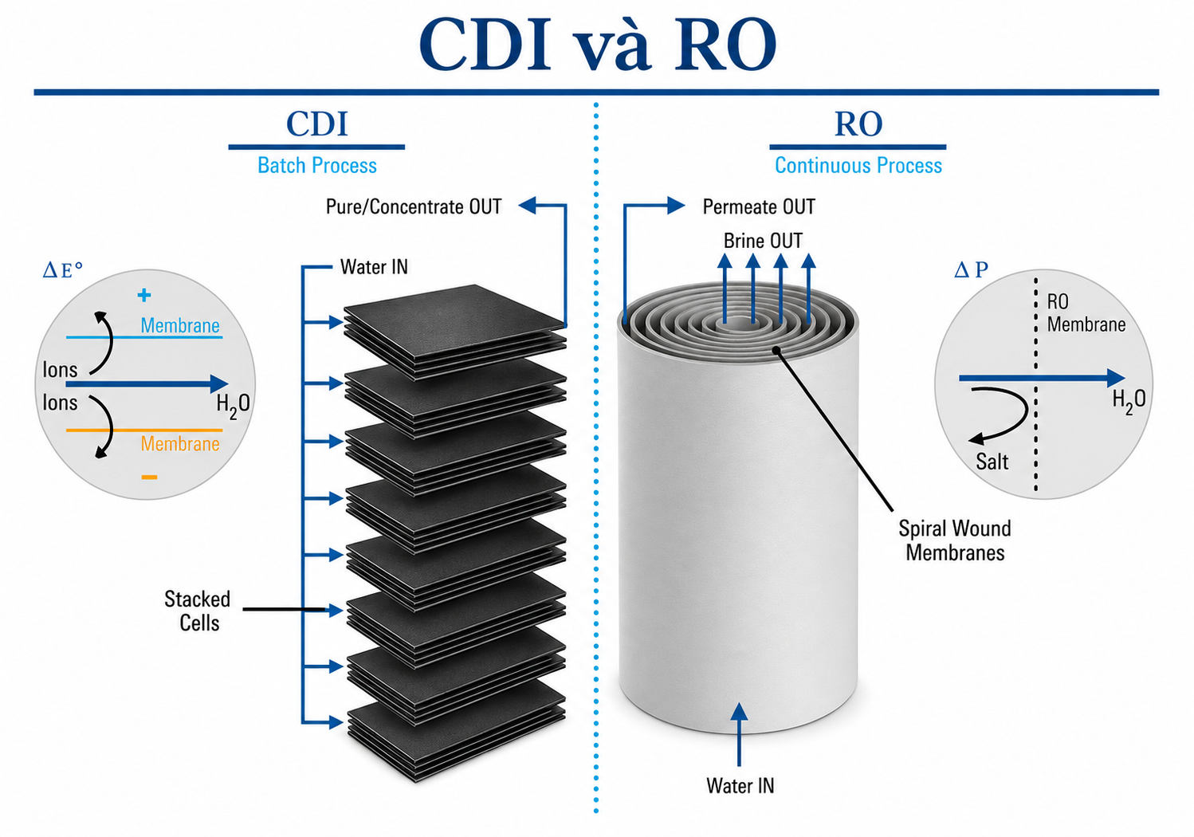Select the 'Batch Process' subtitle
[x=317, y=165]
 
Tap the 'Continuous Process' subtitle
[x=858, y=165]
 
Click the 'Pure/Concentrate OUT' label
[x=414, y=206]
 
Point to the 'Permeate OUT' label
[x=759, y=206]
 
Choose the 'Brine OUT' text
[x=763, y=241]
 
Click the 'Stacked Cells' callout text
[x=198, y=611]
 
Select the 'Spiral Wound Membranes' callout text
[x=955, y=540]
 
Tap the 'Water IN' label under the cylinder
[x=740, y=785]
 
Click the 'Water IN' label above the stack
[x=374, y=266]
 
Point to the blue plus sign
[x=144, y=295]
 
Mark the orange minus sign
[x=149, y=477]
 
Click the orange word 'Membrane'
[x=180, y=443]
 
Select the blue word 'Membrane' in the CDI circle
[x=180, y=325]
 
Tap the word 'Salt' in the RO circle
[x=992, y=462]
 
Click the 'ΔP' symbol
[x=971, y=269]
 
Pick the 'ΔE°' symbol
[x=63, y=270]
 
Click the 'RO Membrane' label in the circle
[x=1086, y=313]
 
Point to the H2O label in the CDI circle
[x=233, y=405]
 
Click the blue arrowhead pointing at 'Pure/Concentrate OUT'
[x=527, y=205]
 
